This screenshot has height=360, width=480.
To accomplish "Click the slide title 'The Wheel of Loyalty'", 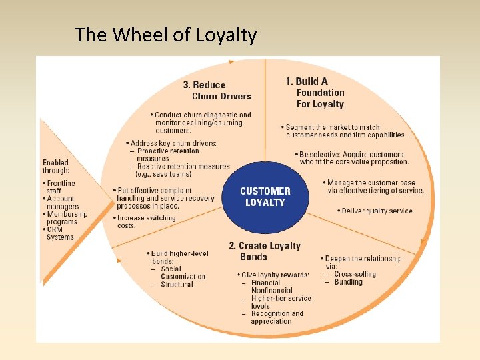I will [165, 35].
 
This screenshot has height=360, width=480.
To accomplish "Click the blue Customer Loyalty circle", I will [265, 196].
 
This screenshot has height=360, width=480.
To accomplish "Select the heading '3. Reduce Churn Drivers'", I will [217, 90].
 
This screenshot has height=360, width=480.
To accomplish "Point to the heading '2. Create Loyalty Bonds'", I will [265, 251].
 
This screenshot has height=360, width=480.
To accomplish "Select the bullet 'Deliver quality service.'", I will [377, 211].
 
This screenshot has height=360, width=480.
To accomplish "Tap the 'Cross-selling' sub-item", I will [354, 274].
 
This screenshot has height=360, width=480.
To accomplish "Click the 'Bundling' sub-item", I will [348, 282].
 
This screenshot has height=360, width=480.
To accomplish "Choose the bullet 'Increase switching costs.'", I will [146, 221].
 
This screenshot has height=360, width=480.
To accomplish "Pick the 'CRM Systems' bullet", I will [60, 233].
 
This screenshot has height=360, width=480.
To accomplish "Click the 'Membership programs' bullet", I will [66, 218].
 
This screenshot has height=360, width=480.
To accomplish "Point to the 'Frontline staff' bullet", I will [61, 187].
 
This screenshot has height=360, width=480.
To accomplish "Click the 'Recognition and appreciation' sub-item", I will [276, 317].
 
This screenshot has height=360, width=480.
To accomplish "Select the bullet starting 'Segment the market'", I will [343, 131].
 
